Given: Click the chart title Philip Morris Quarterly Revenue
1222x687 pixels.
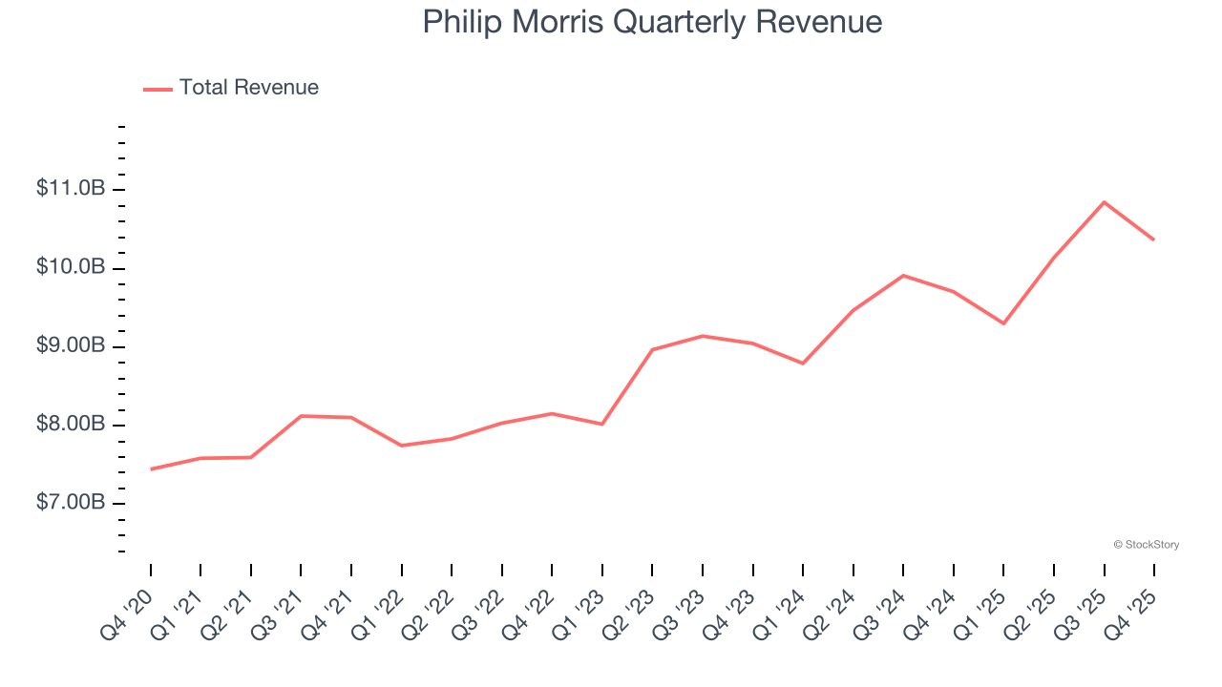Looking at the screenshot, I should click(652, 22).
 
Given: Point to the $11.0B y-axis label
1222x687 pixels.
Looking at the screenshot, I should click(71, 189).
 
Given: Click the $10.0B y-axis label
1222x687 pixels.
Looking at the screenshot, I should click(71, 267).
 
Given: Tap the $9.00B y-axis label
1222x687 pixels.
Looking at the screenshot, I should click(71, 345).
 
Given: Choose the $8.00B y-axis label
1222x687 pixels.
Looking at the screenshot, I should click(71, 424).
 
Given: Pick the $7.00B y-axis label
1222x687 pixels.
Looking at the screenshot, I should click(71, 502).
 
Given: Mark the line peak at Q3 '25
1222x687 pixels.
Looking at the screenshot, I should click(1105, 202).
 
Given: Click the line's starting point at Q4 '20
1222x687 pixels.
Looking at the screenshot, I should click(151, 469).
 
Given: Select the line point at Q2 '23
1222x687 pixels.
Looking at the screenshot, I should click(652, 349).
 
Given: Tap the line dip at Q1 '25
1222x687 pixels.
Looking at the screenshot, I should click(1003, 323).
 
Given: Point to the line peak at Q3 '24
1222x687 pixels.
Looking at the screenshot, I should click(903, 276).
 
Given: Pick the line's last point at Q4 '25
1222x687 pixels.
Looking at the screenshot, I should click(1154, 239).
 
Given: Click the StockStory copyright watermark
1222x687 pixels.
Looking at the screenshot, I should click(1146, 545).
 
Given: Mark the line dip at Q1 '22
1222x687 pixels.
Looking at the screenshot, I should click(402, 446).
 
